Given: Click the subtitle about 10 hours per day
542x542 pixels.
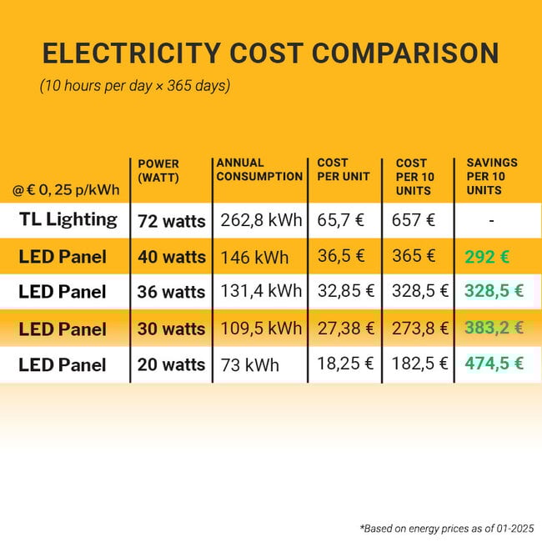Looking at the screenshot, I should click(x=135, y=86).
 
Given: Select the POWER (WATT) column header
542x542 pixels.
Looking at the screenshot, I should click(x=158, y=170).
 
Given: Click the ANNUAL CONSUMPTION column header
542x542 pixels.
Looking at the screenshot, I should click(x=258, y=169).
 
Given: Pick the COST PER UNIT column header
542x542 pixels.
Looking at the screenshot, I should click(x=333, y=169).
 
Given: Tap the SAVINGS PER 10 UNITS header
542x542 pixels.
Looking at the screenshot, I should click(x=491, y=176).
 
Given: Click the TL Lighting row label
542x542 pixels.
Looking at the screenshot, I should click(x=68, y=220).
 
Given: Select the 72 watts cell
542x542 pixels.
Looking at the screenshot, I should click(x=171, y=221).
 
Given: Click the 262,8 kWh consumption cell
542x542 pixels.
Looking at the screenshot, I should click(x=260, y=221).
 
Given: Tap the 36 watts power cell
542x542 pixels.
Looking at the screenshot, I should click(x=171, y=292).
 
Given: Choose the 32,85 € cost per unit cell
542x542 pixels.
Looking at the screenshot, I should click(x=346, y=292).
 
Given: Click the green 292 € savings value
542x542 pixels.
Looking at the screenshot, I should click(x=487, y=257).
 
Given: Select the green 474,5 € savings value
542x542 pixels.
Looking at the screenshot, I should click(x=494, y=364).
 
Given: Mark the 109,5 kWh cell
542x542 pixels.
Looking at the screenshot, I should click(x=260, y=329).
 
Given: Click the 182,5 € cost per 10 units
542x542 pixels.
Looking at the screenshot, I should click(x=419, y=364).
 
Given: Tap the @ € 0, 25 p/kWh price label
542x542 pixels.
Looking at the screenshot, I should click(x=66, y=190).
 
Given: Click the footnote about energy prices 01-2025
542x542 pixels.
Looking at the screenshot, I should click(x=447, y=528).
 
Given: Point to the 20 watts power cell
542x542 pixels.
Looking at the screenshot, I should click(x=171, y=364).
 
